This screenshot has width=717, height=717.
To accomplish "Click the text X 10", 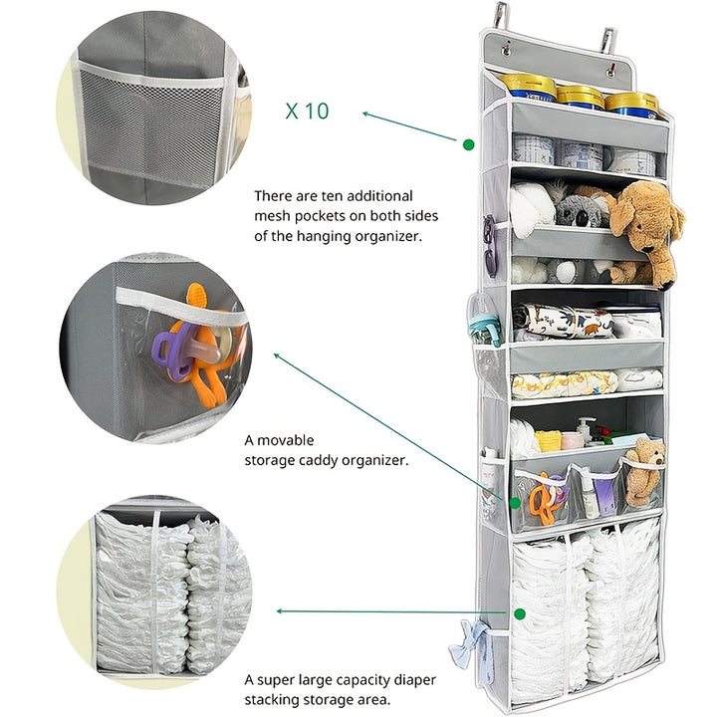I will click(307, 111).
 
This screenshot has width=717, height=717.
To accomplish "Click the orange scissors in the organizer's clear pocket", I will click(544, 499).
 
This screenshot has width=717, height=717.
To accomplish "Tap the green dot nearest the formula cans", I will click(468, 144).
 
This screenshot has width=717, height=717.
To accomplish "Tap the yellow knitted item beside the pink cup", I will click(547, 440).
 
